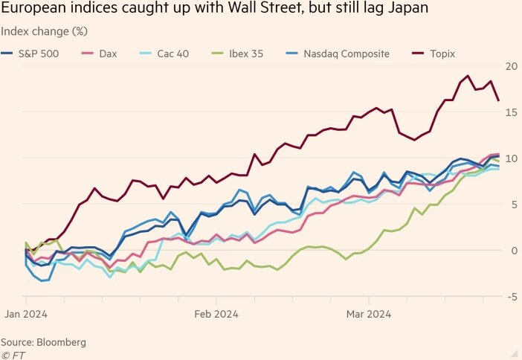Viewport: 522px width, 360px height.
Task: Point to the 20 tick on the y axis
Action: (x=512, y=65)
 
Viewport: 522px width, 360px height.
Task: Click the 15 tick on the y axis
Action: (x=512, y=112)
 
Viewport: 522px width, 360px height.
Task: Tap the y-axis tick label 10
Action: (x=512, y=158)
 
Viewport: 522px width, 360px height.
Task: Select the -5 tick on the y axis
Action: (x=512, y=297)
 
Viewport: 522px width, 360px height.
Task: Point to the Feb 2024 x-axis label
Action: (x=216, y=314)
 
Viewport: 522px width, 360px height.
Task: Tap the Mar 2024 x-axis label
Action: (x=369, y=314)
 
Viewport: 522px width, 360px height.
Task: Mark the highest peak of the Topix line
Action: (x=467, y=76)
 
